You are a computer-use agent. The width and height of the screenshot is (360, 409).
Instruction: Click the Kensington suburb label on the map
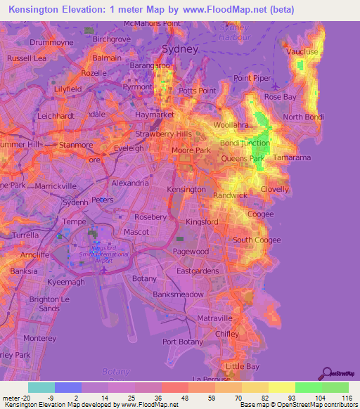(x=186, y=189)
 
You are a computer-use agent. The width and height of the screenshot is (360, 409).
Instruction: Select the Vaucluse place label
(x=303, y=52)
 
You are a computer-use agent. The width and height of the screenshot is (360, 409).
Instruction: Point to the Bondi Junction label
(x=245, y=143)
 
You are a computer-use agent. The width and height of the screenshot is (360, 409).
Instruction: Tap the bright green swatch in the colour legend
(x=309, y=387)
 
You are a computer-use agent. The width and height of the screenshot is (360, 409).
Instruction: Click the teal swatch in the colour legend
(x=41, y=387)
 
